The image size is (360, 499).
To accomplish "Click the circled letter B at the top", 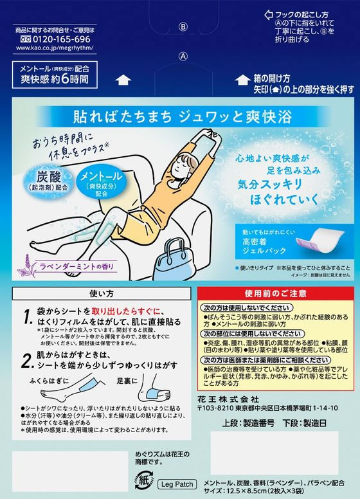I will click(182, 27).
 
